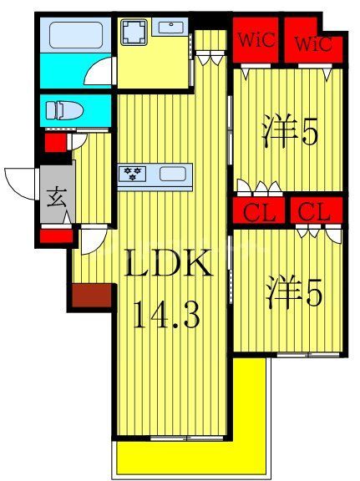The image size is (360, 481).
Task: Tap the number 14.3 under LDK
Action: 167,316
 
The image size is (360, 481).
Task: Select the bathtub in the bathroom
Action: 75,36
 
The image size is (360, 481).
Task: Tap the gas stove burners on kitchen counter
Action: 134,174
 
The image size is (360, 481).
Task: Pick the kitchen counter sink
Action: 173,175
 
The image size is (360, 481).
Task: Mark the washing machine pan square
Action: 134,33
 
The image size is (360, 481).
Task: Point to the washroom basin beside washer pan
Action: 173,27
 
